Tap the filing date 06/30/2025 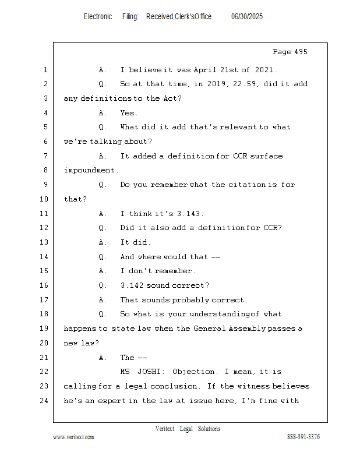247,17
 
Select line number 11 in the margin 45,213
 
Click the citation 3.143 190,213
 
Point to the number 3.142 132,285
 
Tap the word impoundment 90,170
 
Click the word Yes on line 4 128,112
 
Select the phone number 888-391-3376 303,437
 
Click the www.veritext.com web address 73,437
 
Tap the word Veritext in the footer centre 165,429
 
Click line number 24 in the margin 45,401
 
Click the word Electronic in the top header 98,17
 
